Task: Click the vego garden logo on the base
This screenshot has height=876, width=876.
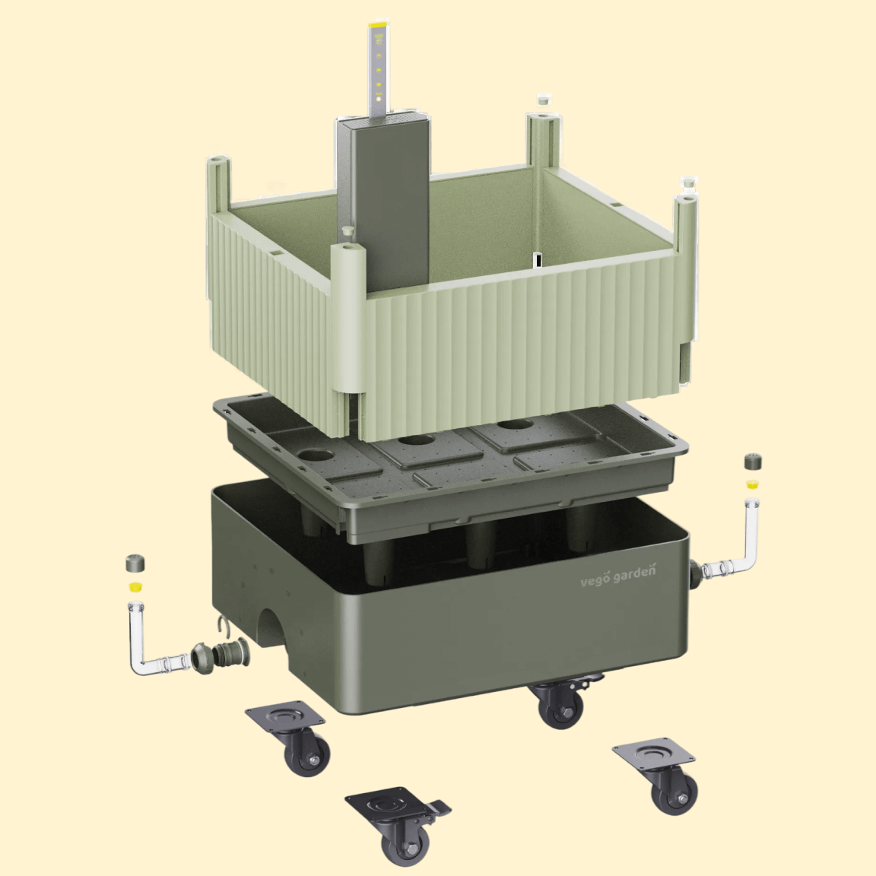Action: [618, 576]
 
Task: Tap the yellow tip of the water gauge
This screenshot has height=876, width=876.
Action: [378, 27]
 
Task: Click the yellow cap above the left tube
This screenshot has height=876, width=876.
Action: [135, 586]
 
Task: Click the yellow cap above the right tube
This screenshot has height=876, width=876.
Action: [753, 483]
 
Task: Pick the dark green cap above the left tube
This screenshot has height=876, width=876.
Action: [135, 563]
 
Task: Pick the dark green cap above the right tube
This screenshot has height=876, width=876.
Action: [754, 462]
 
